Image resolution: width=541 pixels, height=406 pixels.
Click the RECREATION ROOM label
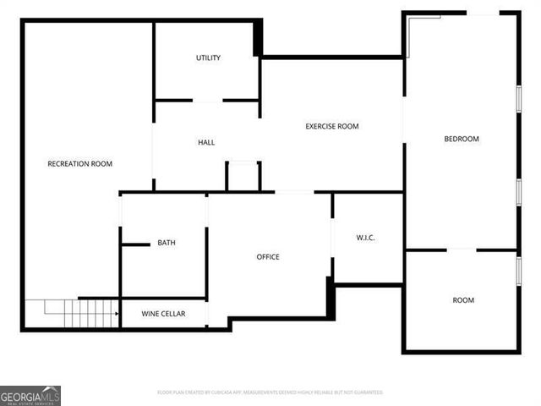[79, 163]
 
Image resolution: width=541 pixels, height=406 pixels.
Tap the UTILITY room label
[208, 58]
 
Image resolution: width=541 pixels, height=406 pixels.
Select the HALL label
[206, 142]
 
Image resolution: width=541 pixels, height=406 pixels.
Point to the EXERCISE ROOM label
[332, 126]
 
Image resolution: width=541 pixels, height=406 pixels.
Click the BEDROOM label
[462, 139]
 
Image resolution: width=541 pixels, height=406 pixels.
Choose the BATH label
[167, 243]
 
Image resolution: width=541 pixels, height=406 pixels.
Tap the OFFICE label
[268, 256]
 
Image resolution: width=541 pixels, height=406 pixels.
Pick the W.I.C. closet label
[366, 238]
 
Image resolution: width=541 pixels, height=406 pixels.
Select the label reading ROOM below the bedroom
[463, 299]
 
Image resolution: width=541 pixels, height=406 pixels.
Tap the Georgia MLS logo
[30, 395]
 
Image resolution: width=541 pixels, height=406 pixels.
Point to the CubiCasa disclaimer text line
[270, 392]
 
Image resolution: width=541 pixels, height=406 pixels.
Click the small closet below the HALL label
[243, 176]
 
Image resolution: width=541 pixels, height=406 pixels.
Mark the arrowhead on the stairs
[115, 314]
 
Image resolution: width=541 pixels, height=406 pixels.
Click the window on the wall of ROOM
[518, 270]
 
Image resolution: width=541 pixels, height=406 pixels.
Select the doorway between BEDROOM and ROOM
[462, 250]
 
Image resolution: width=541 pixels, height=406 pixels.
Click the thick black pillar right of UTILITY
[258, 38]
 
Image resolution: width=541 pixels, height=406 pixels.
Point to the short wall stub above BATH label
[135, 245]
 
